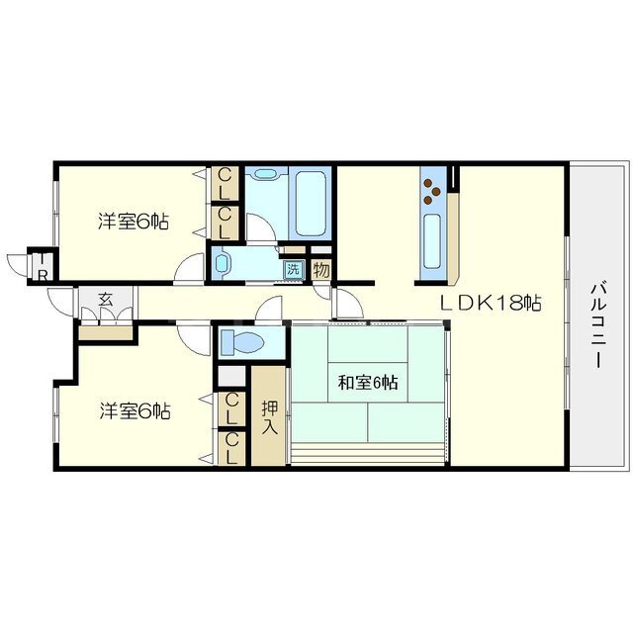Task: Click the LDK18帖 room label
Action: click(x=490, y=302)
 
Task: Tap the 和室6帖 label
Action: click(x=367, y=383)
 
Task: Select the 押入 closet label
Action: click(x=269, y=417)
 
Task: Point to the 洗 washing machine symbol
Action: click(x=293, y=269)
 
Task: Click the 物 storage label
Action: click(x=321, y=270)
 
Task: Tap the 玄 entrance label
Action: click(x=106, y=300)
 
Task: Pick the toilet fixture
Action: click(x=242, y=342)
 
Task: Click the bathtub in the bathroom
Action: click(x=310, y=203)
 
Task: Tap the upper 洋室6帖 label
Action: click(x=134, y=222)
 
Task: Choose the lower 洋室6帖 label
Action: click(x=135, y=411)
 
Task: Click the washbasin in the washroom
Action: click(x=222, y=264)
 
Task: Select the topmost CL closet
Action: click(x=225, y=184)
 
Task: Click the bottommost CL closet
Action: click(x=231, y=448)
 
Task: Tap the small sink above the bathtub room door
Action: click(x=264, y=174)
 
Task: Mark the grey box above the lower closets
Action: click(x=231, y=377)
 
